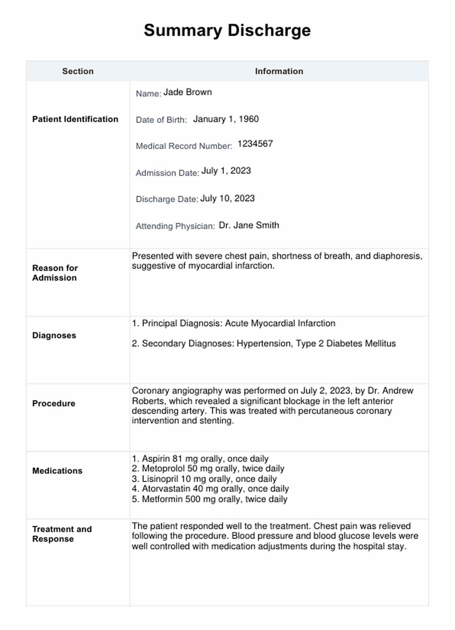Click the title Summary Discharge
(x=227, y=31)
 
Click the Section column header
(x=78, y=71)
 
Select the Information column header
(x=279, y=71)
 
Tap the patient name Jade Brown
(x=188, y=92)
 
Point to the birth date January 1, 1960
(x=226, y=119)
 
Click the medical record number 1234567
(x=255, y=144)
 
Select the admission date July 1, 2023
(x=226, y=171)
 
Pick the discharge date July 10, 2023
(x=227, y=199)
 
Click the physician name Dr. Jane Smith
(x=249, y=225)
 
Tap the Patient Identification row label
(x=75, y=119)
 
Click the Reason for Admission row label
(x=55, y=273)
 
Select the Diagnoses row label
(x=54, y=335)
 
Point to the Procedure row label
(x=54, y=404)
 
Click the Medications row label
(x=57, y=471)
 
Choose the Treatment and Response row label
(x=62, y=534)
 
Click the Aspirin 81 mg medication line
(x=200, y=459)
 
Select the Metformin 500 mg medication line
(x=209, y=499)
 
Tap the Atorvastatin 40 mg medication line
(x=210, y=489)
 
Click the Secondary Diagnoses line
(x=263, y=344)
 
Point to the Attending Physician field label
(x=175, y=226)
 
